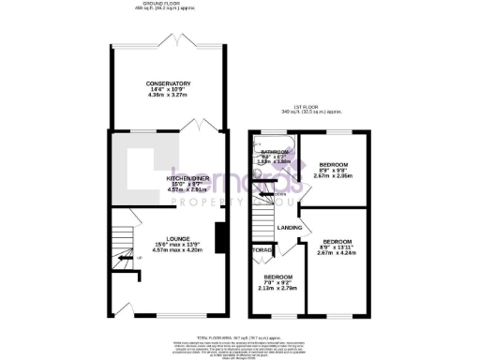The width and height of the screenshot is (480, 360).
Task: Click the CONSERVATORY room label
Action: pyautogui.click(x=168, y=82)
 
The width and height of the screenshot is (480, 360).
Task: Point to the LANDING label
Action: pyautogui.click(x=288, y=228)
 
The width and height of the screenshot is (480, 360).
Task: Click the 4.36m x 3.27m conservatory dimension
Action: pyautogui.click(x=168, y=95)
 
